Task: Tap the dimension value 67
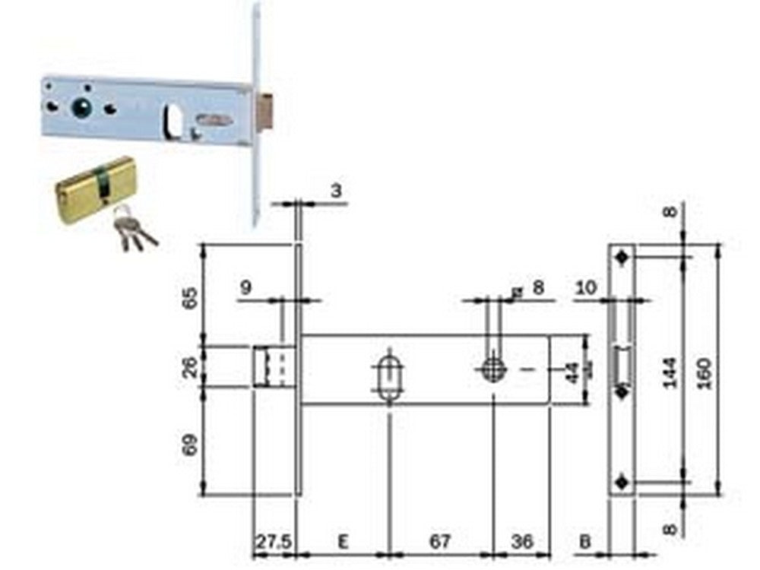point(440,541)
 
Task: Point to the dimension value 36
point(521,541)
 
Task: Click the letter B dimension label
point(585,541)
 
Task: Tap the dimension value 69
point(192,442)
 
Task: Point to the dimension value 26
point(192,367)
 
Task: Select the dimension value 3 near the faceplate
point(335,190)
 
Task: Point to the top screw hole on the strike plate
point(623,257)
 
